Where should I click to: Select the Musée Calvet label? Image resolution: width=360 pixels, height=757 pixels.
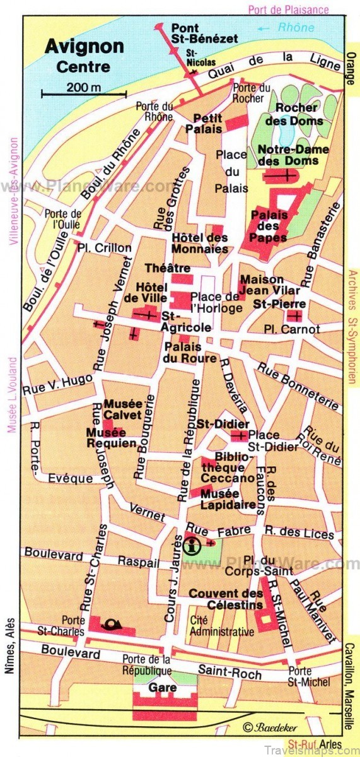point(123,409)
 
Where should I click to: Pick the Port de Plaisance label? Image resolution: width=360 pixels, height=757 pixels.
point(288,9)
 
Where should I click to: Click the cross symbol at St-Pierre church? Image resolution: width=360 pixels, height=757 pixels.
point(295,315)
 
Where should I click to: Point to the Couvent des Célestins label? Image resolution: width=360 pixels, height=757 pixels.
point(226,599)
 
